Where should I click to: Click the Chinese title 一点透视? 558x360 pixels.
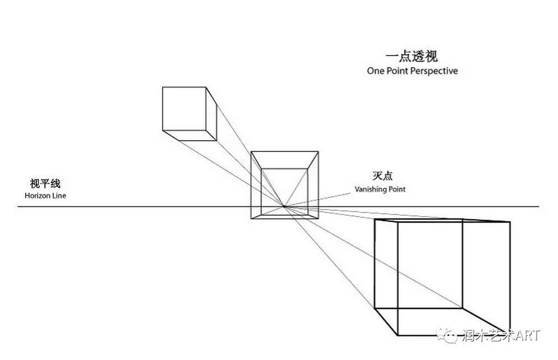412,57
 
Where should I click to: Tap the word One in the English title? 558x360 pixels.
376,71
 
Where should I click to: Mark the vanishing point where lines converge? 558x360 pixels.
285,207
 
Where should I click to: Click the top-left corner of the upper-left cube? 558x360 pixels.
163,87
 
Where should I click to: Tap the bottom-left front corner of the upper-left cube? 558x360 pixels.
163,131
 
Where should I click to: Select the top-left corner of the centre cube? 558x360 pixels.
251,151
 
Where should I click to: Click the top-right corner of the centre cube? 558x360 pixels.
319,151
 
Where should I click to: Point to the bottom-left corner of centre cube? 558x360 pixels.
251,218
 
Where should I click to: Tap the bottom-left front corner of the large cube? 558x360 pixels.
375,338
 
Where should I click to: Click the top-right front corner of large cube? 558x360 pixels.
510,223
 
